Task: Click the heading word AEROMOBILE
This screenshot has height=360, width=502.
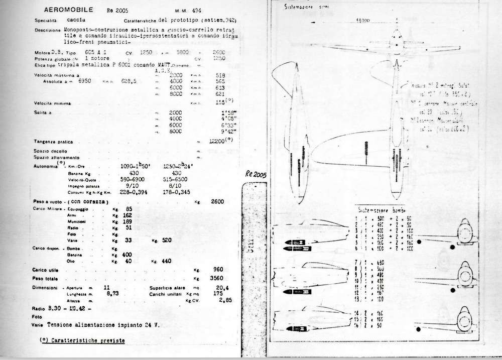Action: click(x=64, y=10)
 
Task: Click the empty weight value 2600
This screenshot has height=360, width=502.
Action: click(x=217, y=201)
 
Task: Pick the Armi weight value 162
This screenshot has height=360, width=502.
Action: click(x=127, y=215)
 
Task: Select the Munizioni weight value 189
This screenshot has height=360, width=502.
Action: click(x=127, y=221)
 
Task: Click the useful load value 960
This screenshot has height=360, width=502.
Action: click(x=218, y=270)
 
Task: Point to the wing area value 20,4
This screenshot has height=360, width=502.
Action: click(x=217, y=288)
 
